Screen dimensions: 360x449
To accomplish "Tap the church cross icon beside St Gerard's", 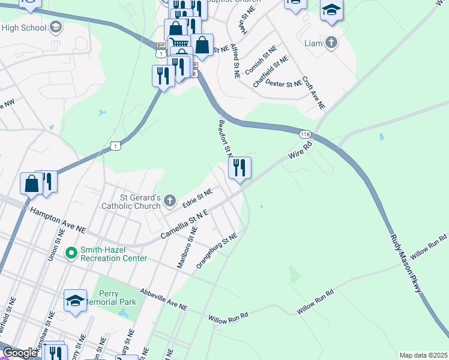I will (x=170, y=200).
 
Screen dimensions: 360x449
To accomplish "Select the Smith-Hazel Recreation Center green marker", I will (x=71, y=254).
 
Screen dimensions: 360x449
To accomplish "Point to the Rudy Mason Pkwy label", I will (x=406, y=263).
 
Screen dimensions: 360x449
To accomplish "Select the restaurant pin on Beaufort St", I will (x=240, y=168).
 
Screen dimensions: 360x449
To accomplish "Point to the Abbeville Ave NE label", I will (x=163, y=299).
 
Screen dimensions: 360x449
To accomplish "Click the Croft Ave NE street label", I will (x=313, y=92).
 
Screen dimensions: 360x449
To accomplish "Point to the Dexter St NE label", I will (x=283, y=83).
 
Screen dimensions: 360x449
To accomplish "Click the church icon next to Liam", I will (x=331, y=43).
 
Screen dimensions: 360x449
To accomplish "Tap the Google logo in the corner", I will (x=20, y=353).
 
